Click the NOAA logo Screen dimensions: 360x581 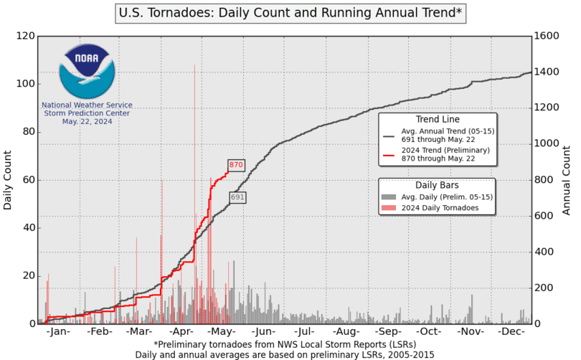click(86, 70)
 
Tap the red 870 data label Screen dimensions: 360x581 click(237, 165)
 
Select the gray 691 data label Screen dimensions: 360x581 click(238, 196)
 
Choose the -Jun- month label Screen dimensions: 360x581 click(264, 333)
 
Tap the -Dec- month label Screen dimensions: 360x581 click(512, 333)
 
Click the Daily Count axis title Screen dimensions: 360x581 click(8, 179)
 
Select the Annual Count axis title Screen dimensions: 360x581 click(566, 179)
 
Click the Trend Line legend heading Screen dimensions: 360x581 click(438, 119)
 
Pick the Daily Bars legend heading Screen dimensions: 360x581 click(438, 184)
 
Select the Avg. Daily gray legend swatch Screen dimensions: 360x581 click(388, 196)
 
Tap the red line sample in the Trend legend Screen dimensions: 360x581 click(388, 154)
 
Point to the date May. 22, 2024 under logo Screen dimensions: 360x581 click(86, 121)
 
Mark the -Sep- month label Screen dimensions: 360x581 click(388, 333)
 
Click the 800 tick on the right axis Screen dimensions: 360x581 click(544, 180)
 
